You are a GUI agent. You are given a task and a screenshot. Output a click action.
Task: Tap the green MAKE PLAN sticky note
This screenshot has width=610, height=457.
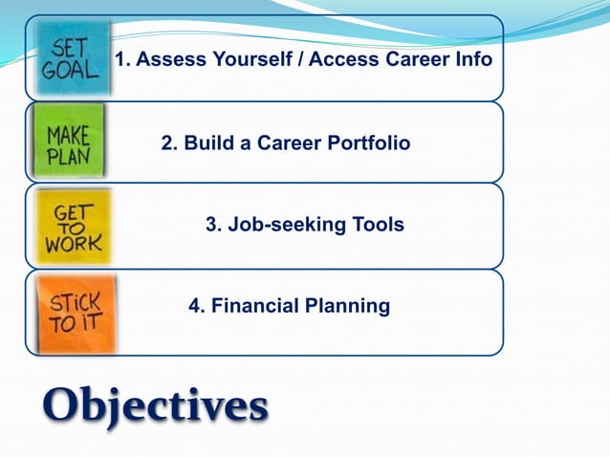tap(69, 141)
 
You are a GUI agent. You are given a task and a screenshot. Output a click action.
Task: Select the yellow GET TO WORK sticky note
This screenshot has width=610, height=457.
tap(73, 227)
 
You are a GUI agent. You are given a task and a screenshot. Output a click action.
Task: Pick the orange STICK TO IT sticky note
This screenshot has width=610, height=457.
tap(75, 311)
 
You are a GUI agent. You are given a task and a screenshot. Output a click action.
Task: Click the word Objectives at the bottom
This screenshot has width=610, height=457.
tap(154, 405)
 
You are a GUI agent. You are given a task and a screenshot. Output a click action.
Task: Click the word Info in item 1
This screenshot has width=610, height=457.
tap(472, 60)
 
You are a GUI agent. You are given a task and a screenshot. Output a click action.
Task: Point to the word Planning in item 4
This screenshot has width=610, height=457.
tap(347, 307)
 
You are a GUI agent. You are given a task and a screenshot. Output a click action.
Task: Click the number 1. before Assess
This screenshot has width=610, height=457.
tap(122, 60)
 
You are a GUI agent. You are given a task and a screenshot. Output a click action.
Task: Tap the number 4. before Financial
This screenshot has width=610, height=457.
tap(196, 307)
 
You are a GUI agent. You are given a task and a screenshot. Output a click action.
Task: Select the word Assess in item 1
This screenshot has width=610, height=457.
tap(168, 60)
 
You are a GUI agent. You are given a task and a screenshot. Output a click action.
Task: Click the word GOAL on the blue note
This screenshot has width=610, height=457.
tap(70, 70)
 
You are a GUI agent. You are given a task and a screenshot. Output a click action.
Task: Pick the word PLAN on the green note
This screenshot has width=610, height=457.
tap(69, 156)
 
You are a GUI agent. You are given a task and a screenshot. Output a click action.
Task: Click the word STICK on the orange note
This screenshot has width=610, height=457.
tap(75, 302)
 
